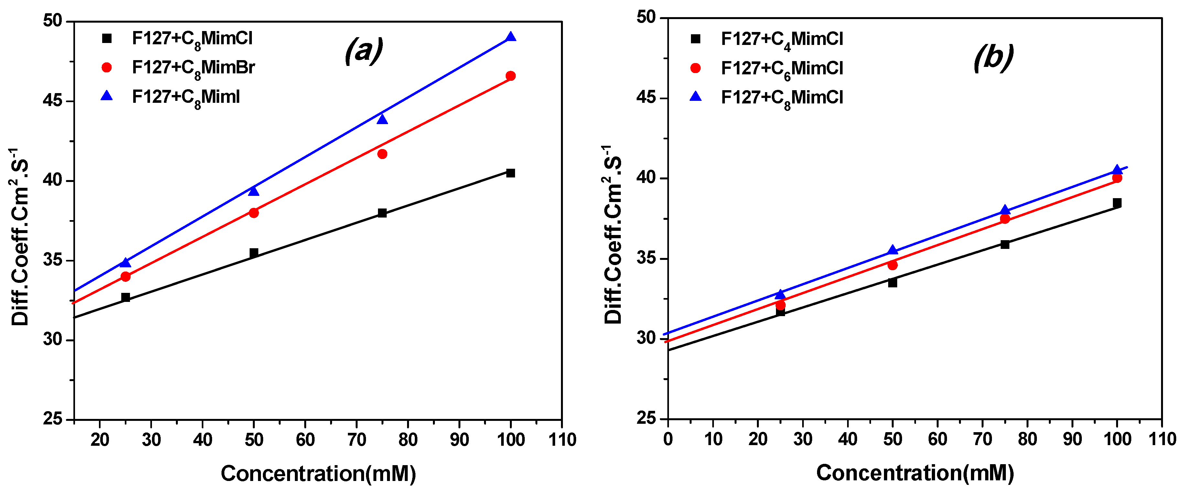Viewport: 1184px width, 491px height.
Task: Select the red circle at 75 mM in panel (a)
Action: tap(382, 154)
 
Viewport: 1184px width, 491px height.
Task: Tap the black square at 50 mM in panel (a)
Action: tap(254, 253)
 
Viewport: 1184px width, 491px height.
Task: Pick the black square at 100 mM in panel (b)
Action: tap(1117, 203)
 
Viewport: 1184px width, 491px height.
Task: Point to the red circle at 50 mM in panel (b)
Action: tap(892, 265)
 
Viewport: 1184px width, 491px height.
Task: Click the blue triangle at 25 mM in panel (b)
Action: tap(780, 294)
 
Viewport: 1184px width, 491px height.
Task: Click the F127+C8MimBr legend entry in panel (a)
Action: tap(193, 68)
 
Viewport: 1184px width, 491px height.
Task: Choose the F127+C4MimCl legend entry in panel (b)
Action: tap(782, 39)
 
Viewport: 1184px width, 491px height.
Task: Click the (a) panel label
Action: tap(363, 50)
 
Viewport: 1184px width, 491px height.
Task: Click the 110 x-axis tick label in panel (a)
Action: tap(562, 440)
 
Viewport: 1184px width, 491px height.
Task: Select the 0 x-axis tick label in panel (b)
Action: tap(668, 439)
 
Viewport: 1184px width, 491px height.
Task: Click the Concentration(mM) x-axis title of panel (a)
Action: tap(318, 474)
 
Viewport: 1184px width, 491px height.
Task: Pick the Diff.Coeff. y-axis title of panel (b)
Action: tap(613, 234)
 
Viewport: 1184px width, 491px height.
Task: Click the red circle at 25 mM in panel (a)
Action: tap(125, 276)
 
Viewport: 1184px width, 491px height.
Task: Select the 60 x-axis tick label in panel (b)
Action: tap(937, 439)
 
